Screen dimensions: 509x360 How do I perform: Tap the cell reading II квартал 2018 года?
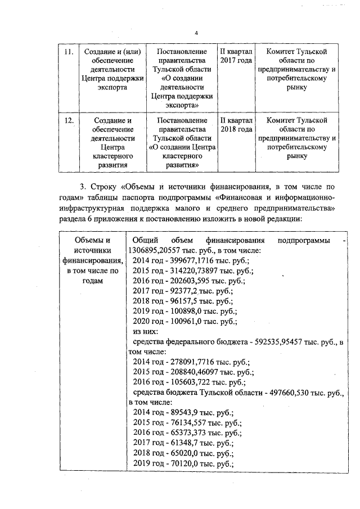pos(236,125)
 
